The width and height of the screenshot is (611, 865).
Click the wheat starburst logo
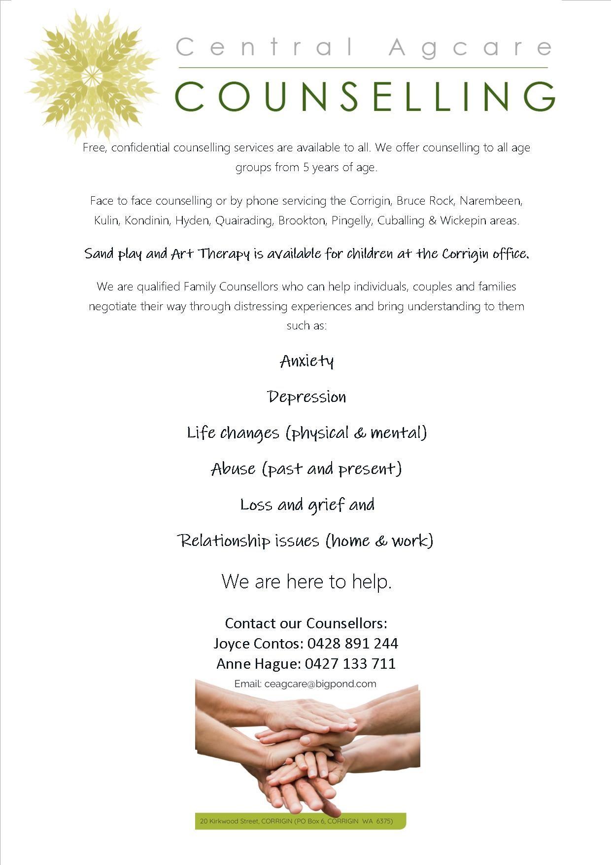[91, 75]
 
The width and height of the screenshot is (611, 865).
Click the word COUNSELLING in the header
[365, 97]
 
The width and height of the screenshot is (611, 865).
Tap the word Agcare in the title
[470, 48]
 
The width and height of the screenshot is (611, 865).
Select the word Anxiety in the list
[306, 361]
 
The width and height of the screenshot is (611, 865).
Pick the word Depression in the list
[306, 397]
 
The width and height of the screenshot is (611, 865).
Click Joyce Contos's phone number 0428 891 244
[352, 644]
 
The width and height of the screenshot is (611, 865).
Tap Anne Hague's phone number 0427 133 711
[350, 664]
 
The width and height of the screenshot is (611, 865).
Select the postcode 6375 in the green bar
[384, 822]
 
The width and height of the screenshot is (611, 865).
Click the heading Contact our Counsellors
[306, 623]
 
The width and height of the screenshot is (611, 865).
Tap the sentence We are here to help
[306, 582]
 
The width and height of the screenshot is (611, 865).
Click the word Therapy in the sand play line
[224, 254]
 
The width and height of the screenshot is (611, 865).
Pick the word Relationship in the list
[224, 541]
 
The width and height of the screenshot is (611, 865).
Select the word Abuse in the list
[233, 469]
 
